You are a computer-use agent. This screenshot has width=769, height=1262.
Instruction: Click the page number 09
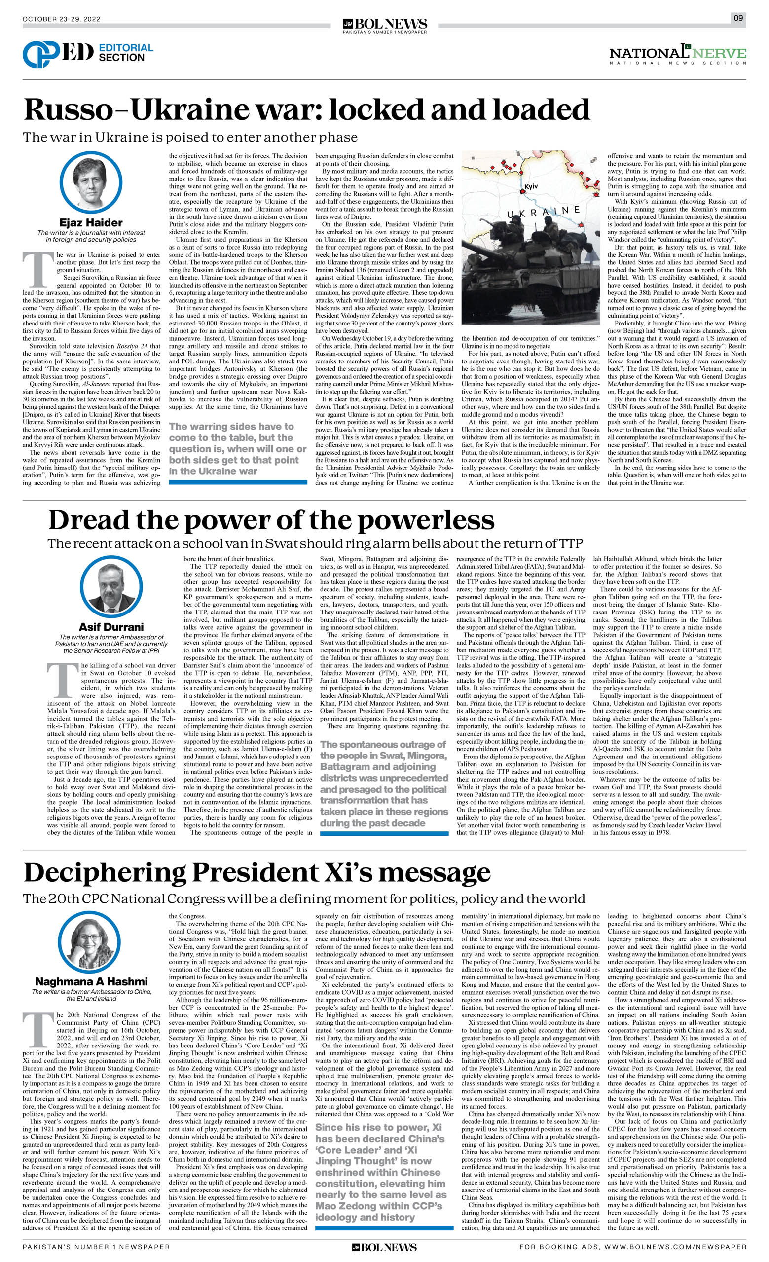738,18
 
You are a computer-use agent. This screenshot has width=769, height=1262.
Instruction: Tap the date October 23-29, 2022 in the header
62,19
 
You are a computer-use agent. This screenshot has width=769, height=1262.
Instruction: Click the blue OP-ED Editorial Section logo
88,53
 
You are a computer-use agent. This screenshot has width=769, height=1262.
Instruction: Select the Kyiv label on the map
531,186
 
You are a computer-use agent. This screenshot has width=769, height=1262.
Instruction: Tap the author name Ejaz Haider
91,223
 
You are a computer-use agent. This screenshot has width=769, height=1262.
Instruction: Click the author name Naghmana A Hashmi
91,981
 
